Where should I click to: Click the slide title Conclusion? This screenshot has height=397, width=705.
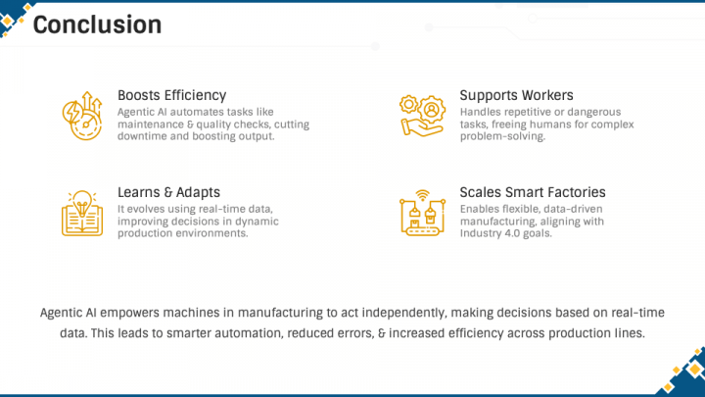point(97,25)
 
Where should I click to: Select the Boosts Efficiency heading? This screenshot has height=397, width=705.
point(171,95)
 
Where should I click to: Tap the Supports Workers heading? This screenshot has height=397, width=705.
point(516,95)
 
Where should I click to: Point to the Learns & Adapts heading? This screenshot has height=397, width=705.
point(168,192)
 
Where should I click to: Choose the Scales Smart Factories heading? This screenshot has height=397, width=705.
point(533,192)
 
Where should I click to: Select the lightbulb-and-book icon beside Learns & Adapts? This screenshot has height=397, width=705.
point(82,213)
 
